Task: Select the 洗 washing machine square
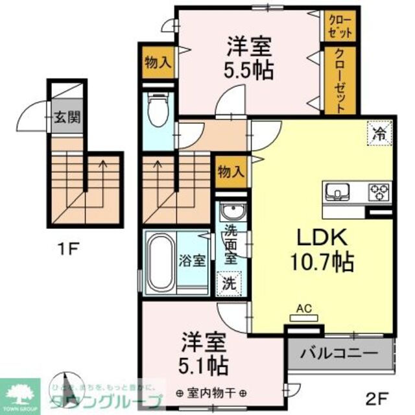229,283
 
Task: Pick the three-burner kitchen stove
379,191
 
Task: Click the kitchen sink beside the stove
337,191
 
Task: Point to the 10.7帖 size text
322,262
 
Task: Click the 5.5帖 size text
250,69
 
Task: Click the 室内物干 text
211,393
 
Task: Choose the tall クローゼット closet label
341,79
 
